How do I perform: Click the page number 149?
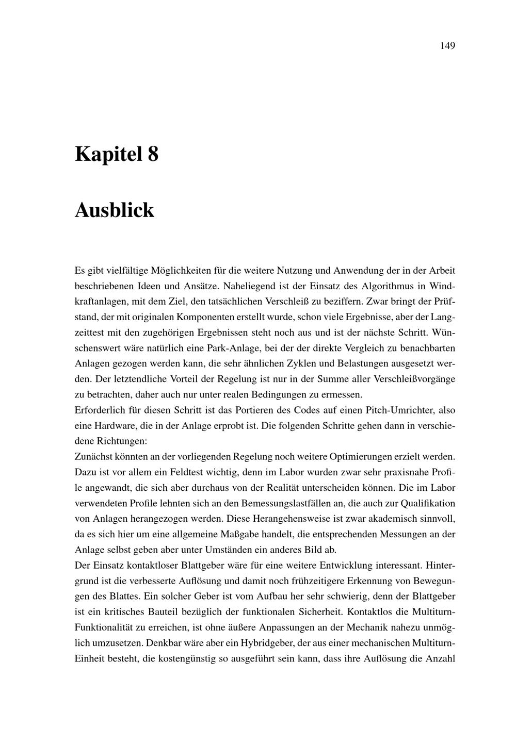(x=447, y=46)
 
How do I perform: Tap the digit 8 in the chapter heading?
(x=153, y=154)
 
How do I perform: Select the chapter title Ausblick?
(x=115, y=210)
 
